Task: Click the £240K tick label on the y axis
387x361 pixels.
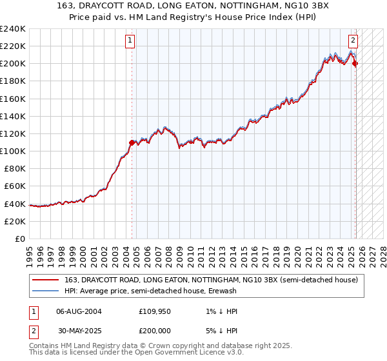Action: [13, 28]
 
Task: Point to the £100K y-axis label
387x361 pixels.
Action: [13, 151]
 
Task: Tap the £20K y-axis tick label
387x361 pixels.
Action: [15, 221]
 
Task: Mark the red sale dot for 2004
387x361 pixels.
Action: [132, 142]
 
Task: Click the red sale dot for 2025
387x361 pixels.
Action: [355, 63]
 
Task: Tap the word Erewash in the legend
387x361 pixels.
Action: [221, 291]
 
